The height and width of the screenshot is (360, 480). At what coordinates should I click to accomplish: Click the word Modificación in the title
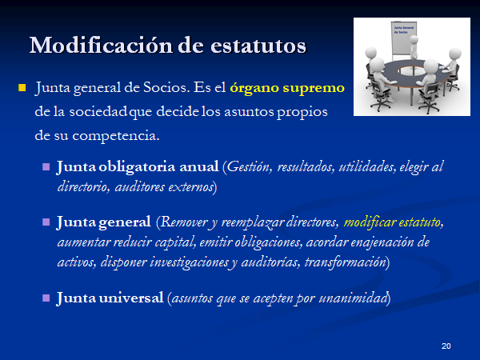point(102,46)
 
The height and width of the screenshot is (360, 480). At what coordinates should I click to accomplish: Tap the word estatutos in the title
point(258,46)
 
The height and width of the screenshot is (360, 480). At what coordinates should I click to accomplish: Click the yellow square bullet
point(22,88)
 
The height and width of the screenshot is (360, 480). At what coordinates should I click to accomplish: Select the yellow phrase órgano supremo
point(287,88)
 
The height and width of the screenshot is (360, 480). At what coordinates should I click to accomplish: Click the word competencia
point(116,136)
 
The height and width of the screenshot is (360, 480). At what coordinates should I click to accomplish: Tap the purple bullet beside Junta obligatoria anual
point(46,167)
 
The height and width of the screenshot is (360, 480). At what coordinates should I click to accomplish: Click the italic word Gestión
point(249,167)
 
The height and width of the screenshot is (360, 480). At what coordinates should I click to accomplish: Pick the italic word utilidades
point(367,167)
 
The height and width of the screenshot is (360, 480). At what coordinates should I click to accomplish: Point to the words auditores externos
point(164,186)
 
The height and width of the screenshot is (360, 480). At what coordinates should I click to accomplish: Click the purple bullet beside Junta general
point(46,222)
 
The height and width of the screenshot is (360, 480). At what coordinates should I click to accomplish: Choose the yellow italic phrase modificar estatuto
point(392,222)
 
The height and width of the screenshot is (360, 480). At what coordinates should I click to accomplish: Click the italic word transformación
point(345,262)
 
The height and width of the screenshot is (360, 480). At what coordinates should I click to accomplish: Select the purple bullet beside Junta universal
point(46,298)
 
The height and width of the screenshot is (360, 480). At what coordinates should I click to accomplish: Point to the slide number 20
point(446,346)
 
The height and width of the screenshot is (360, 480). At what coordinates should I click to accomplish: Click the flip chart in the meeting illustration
point(403,38)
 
